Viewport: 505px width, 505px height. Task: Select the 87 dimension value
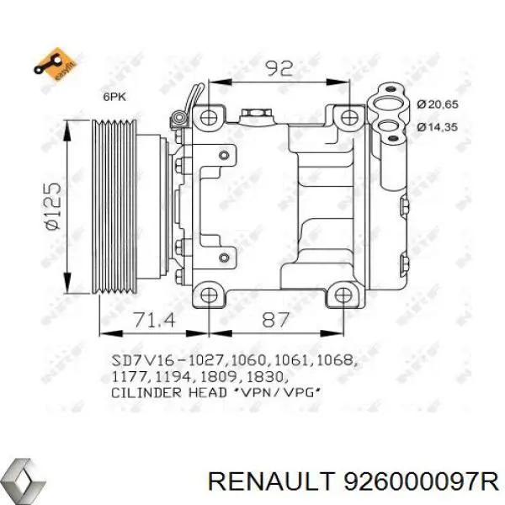tap(275, 321)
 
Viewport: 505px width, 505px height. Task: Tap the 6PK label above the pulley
tap(114, 98)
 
